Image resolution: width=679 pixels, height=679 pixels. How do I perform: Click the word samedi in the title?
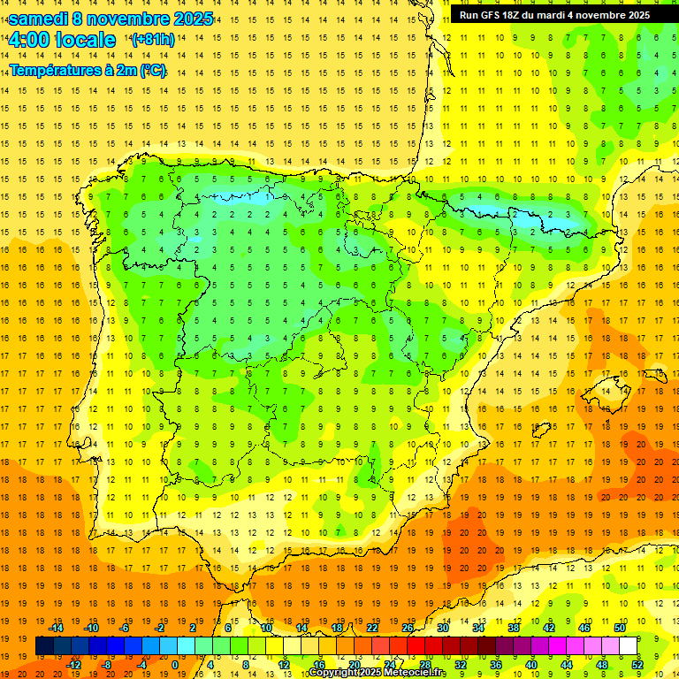click(39, 19)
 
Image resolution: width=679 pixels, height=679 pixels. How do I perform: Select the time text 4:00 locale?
click(62, 40)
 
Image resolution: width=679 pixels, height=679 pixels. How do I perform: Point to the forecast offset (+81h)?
click(153, 40)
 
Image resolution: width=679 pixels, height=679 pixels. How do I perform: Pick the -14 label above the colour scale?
click(57, 628)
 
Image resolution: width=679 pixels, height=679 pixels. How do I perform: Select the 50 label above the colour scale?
click(619, 628)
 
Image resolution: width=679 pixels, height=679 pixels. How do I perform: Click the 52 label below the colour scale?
click(637, 665)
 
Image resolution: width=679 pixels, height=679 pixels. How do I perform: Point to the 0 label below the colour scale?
click(175, 665)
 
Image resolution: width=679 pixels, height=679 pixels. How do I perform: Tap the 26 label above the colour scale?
click(408, 628)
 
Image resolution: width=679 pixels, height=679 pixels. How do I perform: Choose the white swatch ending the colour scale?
click(628, 646)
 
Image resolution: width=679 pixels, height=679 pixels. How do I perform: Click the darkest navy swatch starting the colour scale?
click(44, 646)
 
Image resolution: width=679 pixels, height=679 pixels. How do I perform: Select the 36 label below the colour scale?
click(496, 665)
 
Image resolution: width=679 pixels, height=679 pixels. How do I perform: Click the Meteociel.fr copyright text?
click(377, 673)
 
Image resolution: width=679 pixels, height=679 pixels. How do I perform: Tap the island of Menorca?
click(655, 376)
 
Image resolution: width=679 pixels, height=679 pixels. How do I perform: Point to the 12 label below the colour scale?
click(284, 665)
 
